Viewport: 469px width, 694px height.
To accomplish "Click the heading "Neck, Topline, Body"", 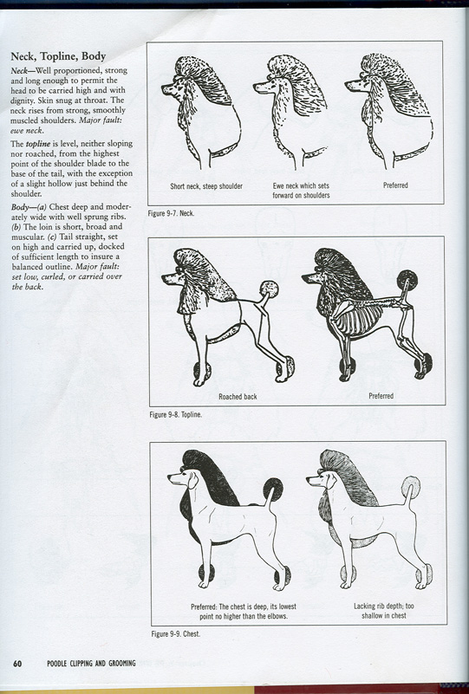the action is click(x=58, y=56).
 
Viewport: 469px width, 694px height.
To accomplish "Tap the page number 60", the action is click(x=17, y=663).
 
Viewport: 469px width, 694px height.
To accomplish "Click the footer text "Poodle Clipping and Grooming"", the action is click(x=91, y=663).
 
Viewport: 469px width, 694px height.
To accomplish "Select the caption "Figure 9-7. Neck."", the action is click(x=171, y=213).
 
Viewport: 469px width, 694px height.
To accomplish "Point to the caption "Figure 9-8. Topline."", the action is click(x=176, y=415).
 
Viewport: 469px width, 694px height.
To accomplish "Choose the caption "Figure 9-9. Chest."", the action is click(x=176, y=634).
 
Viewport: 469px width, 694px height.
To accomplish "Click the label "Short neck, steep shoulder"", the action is click(x=206, y=186).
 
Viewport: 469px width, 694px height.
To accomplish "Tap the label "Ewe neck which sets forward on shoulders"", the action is click(x=301, y=191).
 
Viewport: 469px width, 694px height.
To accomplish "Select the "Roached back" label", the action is click(x=238, y=397).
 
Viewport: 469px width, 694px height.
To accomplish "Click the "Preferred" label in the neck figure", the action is click(x=395, y=185).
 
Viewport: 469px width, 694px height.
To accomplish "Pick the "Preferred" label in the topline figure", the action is click(x=381, y=396).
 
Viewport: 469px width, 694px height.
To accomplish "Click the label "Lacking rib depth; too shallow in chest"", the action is click(x=384, y=611).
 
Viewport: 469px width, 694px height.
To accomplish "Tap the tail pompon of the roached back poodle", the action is click(x=269, y=289).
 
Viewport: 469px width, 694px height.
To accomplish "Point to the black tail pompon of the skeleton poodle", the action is click(x=407, y=280).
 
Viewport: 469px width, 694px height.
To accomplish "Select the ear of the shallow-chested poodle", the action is click(x=329, y=480).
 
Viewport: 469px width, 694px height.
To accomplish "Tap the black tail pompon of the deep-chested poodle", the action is click(x=273, y=489).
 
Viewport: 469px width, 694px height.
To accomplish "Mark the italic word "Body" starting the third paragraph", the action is click(x=19, y=207).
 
